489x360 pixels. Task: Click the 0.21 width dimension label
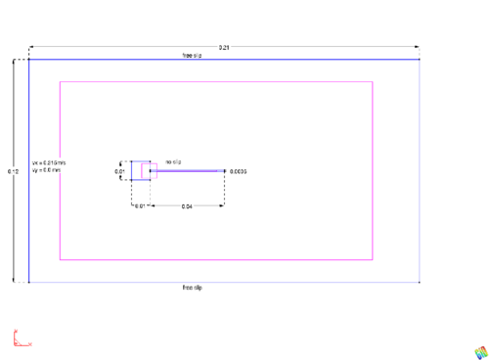[224, 47]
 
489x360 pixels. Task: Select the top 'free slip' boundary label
[192, 56]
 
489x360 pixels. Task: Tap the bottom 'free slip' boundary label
[192, 287]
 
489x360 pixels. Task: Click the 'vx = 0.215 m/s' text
[48, 162]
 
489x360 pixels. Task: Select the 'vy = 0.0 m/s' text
[46, 170]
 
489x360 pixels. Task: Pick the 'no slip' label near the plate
[174, 160]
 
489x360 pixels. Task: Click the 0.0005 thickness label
[239, 171]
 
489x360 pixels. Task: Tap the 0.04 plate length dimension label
[187, 206]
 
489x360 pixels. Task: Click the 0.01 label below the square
[141, 206]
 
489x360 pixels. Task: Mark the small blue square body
[138, 171]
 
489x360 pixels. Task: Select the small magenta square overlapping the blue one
[150, 171]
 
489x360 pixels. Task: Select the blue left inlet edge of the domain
[29, 171]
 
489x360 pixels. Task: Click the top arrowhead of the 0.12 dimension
[14, 62]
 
